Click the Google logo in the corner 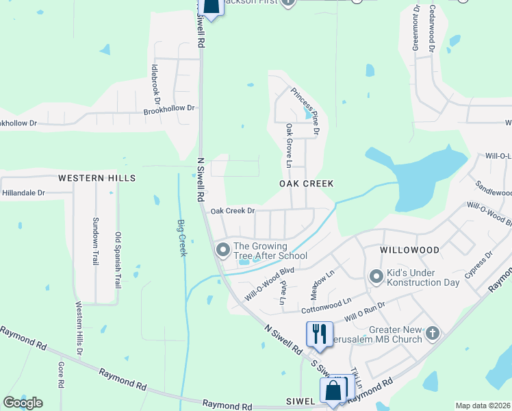[23, 402]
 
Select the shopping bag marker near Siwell [333, 391]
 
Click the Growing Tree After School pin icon [222, 249]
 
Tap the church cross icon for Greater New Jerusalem [432, 333]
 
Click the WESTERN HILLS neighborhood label [97, 178]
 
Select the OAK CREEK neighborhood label [306, 184]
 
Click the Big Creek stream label [182, 238]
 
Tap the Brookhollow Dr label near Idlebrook [169, 109]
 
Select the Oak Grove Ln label [289, 146]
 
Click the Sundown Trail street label [95, 242]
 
